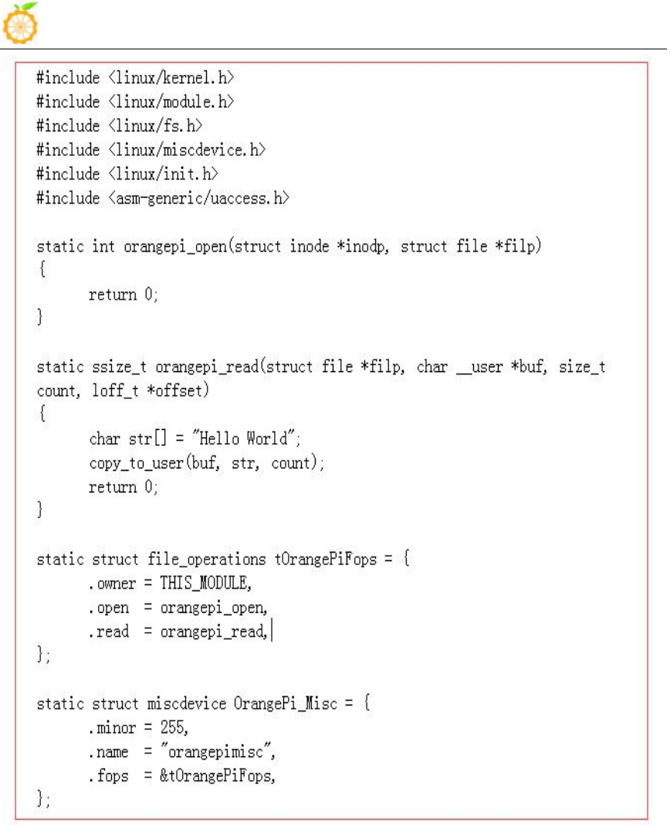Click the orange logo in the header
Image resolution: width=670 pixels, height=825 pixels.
click(22, 22)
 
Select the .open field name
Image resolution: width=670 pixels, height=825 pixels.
click(109, 607)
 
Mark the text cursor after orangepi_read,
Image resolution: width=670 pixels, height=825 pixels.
click(272, 631)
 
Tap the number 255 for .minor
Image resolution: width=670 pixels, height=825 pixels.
click(174, 727)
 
